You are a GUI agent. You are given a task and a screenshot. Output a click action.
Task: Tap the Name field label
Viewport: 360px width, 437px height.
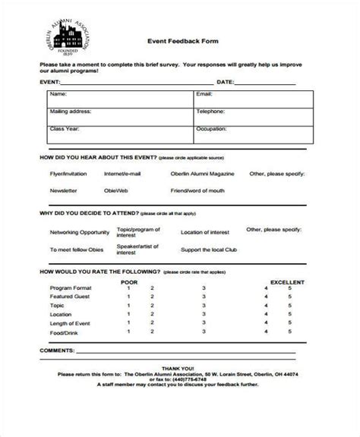[58, 95]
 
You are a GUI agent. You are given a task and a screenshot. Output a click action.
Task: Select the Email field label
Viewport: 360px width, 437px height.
[204, 95]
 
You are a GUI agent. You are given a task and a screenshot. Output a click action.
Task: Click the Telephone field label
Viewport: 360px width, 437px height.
[210, 111]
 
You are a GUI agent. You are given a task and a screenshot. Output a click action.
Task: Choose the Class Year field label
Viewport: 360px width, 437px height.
[64, 128]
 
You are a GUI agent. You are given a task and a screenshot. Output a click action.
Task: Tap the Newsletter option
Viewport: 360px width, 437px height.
[64, 191]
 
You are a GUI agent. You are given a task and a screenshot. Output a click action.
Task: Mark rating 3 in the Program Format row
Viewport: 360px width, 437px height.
[204, 288]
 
